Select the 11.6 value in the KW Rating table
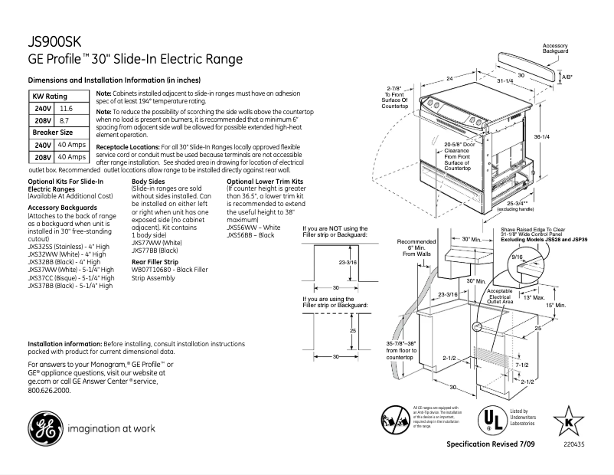(x=67, y=110)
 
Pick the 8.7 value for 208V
(x=64, y=121)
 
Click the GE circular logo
(x=48, y=428)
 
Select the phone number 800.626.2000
(x=49, y=390)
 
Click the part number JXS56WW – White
(x=253, y=228)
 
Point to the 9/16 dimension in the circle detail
(x=518, y=258)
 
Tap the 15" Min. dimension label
(x=555, y=305)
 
